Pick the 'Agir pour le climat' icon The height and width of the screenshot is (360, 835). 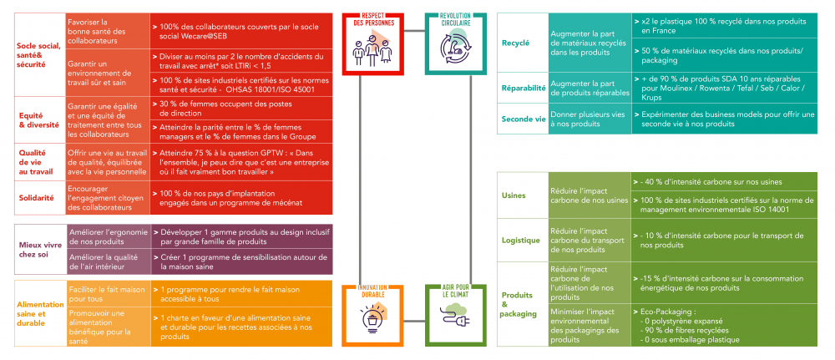pyautogui.click(x=455, y=314)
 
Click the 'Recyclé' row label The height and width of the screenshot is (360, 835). pyautogui.click(x=515, y=42)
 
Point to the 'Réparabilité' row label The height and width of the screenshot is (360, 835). pyautogui.click(x=523, y=87)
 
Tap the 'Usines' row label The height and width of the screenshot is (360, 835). pyautogui.click(x=514, y=195)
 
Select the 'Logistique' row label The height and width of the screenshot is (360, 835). pyautogui.click(x=520, y=240)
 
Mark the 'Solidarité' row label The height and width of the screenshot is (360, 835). pyautogui.click(x=37, y=198)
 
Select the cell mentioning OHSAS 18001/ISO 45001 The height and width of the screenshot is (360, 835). pyautogui.click(x=242, y=84)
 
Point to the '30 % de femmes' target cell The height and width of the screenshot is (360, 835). pyautogui.click(x=242, y=108)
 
